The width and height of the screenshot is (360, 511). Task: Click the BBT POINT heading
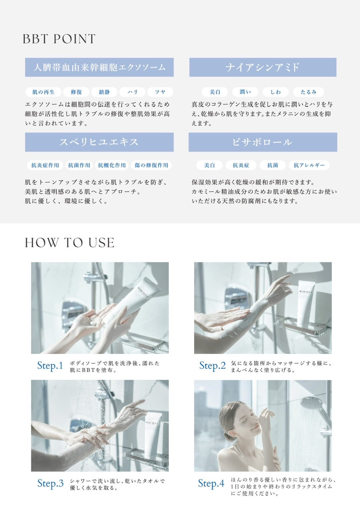[59, 39]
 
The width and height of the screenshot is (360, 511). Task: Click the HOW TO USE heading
[70, 242]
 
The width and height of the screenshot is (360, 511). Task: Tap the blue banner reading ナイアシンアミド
[263, 67]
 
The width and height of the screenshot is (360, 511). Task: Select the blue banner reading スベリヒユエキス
[99, 142]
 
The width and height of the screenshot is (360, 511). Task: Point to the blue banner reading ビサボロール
[263, 142]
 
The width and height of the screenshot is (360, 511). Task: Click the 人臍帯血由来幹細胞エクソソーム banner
[99, 67]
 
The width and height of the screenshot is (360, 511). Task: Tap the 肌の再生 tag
[44, 92]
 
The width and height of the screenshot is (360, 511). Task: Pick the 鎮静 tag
[104, 92]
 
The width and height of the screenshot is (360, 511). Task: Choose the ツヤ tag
[160, 92]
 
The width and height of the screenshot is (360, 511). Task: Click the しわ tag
[276, 92]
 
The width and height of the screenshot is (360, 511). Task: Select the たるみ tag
[308, 92]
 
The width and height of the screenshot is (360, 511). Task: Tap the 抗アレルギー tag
[309, 165]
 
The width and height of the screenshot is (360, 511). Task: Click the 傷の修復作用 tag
[152, 165]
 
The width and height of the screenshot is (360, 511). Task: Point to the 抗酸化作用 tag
[112, 165]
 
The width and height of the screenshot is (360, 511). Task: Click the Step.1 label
[50, 365]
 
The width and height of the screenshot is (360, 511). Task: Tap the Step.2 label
[213, 365]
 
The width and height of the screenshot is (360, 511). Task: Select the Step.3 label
[50, 483]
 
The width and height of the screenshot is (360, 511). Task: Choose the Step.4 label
[211, 483]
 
